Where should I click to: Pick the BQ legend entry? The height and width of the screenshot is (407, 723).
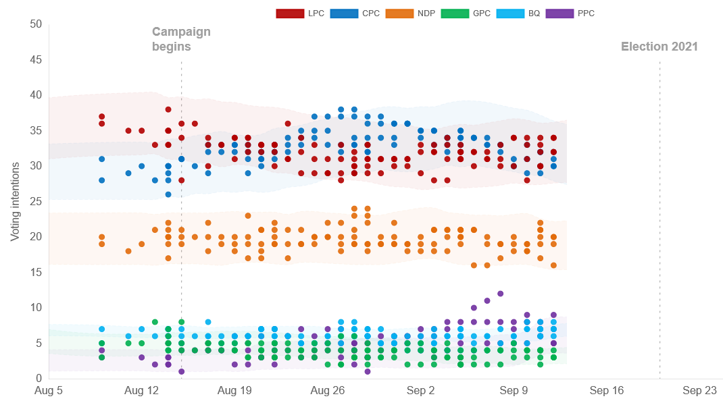[x=518, y=13]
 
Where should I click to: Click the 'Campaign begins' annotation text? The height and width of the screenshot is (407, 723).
[x=181, y=39]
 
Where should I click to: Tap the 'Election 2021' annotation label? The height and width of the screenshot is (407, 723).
[x=659, y=47]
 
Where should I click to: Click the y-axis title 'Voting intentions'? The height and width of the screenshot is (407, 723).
[x=15, y=201]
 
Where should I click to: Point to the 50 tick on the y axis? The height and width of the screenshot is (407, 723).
[x=36, y=24]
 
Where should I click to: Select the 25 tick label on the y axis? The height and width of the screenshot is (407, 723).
[x=36, y=201]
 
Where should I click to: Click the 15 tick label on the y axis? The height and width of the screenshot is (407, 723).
[x=36, y=272]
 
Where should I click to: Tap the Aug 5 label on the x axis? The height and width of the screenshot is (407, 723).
[x=49, y=390]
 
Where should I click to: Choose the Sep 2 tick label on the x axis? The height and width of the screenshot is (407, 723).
[x=421, y=390]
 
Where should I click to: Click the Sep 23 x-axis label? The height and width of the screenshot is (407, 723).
[x=699, y=390]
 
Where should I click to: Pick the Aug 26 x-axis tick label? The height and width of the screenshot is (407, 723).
[x=328, y=390]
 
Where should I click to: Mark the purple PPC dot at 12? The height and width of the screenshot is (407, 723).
[x=501, y=294]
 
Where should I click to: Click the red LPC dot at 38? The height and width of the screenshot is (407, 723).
[x=168, y=109]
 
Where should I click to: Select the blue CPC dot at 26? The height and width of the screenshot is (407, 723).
[x=168, y=194]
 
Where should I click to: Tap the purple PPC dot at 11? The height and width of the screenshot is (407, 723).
[x=487, y=300]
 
